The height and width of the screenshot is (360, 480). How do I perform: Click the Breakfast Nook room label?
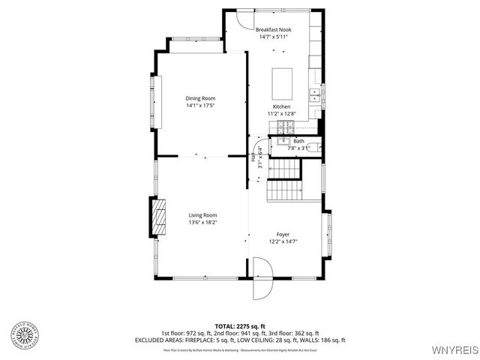[274, 28]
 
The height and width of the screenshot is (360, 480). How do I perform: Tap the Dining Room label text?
[201, 98]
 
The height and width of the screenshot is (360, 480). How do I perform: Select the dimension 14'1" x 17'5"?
[201, 106]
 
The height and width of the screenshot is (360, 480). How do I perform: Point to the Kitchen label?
[281, 106]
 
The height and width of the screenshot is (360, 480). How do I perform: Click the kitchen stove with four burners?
[283, 125]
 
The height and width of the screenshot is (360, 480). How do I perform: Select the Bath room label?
[298, 141]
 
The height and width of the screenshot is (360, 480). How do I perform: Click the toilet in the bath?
[316, 148]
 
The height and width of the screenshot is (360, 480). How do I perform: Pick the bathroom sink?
[283, 140]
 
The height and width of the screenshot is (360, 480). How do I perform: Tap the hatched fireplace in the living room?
[158, 218]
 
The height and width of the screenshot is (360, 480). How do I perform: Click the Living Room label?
[202, 215]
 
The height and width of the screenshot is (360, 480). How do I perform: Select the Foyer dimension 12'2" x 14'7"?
[283, 241]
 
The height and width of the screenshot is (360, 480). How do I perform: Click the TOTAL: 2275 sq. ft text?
[239, 326]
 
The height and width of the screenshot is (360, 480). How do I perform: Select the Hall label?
[253, 158]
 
